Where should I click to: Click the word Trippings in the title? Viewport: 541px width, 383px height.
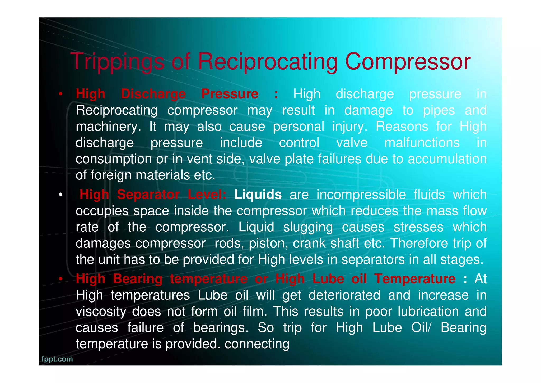pyautogui.click(x=118, y=62)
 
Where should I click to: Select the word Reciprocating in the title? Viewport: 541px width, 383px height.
pyautogui.click(x=268, y=62)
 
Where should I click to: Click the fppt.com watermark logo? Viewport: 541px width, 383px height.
pyautogui.click(x=57, y=359)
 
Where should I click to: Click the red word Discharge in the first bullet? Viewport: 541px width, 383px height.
pyautogui.click(x=153, y=94)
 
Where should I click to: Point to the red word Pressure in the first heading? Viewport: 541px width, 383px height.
pyautogui.click(x=230, y=94)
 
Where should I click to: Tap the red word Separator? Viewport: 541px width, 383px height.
pyautogui.click(x=148, y=195)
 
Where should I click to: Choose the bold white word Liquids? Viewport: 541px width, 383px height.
pyautogui.click(x=258, y=195)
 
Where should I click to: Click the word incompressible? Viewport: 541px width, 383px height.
pyautogui.click(x=361, y=195)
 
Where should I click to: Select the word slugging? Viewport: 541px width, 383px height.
pyautogui.click(x=308, y=227)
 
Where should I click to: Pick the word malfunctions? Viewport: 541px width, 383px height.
pyautogui.click(x=422, y=143)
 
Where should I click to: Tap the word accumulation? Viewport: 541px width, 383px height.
pyautogui.click(x=447, y=159)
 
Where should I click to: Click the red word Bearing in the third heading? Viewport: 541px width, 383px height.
pyautogui.click(x=138, y=279)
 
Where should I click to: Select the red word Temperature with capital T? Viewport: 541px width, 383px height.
pyautogui.click(x=415, y=279)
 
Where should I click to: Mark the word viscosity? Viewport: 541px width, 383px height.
pyautogui.click(x=101, y=312)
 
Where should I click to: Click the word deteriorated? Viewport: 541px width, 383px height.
pyautogui.click(x=344, y=295)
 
